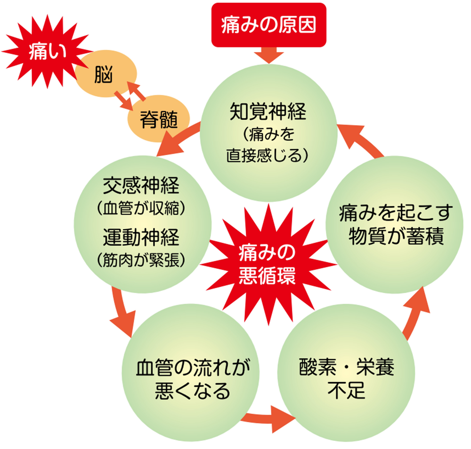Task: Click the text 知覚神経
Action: [x=268, y=113]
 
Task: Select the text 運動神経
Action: [x=141, y=237]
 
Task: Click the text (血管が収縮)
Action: [x=141, y=208]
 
